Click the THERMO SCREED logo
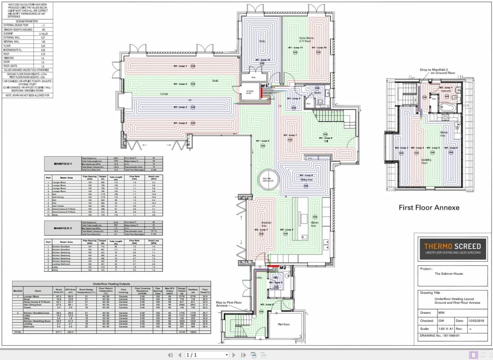(x=452, y=249)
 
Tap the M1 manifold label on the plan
(x=264, y=86)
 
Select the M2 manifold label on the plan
(x=282, y=267)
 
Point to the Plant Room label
(x=284, y=324)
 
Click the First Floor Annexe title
(x=429, y=208)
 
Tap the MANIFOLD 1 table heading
(x=63, y=164)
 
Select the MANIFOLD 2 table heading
(x=63, y=228)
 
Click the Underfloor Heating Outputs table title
(x=111, y=284)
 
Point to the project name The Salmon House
(x=448, y=274)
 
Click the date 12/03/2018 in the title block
(x=476, y=321)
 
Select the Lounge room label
(x=164, y=94)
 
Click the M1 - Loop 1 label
(x=180, y=66)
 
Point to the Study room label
(x=262, y=41)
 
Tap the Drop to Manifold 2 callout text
(x=438, y=71)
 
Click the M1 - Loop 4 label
(x=180, y=123)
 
